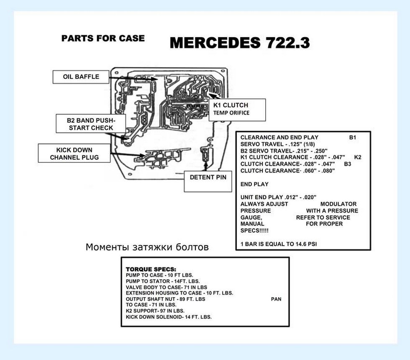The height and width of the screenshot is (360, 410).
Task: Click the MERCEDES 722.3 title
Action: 240,43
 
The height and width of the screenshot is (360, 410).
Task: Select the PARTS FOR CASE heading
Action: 103,38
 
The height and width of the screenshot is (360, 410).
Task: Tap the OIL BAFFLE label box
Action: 81,77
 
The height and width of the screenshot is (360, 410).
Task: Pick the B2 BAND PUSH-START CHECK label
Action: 91,123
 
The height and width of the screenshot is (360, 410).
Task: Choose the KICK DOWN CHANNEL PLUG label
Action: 74,153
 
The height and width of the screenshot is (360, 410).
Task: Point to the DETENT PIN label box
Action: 208,182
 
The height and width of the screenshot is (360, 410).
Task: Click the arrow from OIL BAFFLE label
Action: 133,78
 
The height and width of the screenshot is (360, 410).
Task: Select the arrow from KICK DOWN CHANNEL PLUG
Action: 128,154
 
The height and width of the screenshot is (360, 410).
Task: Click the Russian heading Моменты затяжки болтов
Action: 147,247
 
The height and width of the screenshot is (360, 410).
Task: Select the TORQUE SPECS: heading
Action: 151,269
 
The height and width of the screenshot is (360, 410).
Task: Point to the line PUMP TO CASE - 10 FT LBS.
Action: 159,275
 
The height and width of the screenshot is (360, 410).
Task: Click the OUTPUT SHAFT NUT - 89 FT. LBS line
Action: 166,299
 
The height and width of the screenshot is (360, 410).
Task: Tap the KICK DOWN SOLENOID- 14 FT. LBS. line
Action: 169,317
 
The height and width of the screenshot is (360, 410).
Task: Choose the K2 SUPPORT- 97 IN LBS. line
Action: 155,311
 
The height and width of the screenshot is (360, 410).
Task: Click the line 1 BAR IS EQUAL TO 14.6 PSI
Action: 279,244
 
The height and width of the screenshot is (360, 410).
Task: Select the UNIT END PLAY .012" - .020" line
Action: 279,197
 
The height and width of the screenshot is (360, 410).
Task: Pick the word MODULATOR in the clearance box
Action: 338,204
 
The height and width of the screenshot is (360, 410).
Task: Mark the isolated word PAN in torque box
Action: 276,299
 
